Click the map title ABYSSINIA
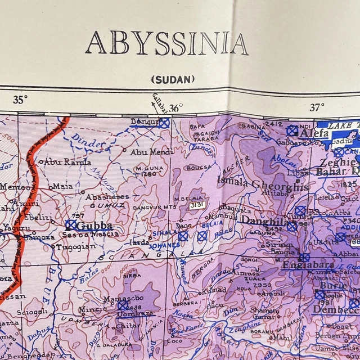[166, 44]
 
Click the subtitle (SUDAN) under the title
[173, 79]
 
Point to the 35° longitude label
[20, 101]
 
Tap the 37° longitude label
[316, 107]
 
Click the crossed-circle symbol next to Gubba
[71, 225]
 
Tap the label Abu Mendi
[152, 152]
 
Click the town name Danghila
[260, 221]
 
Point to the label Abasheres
[107, 197]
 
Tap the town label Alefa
[314, 134]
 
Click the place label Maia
[62, 186]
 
